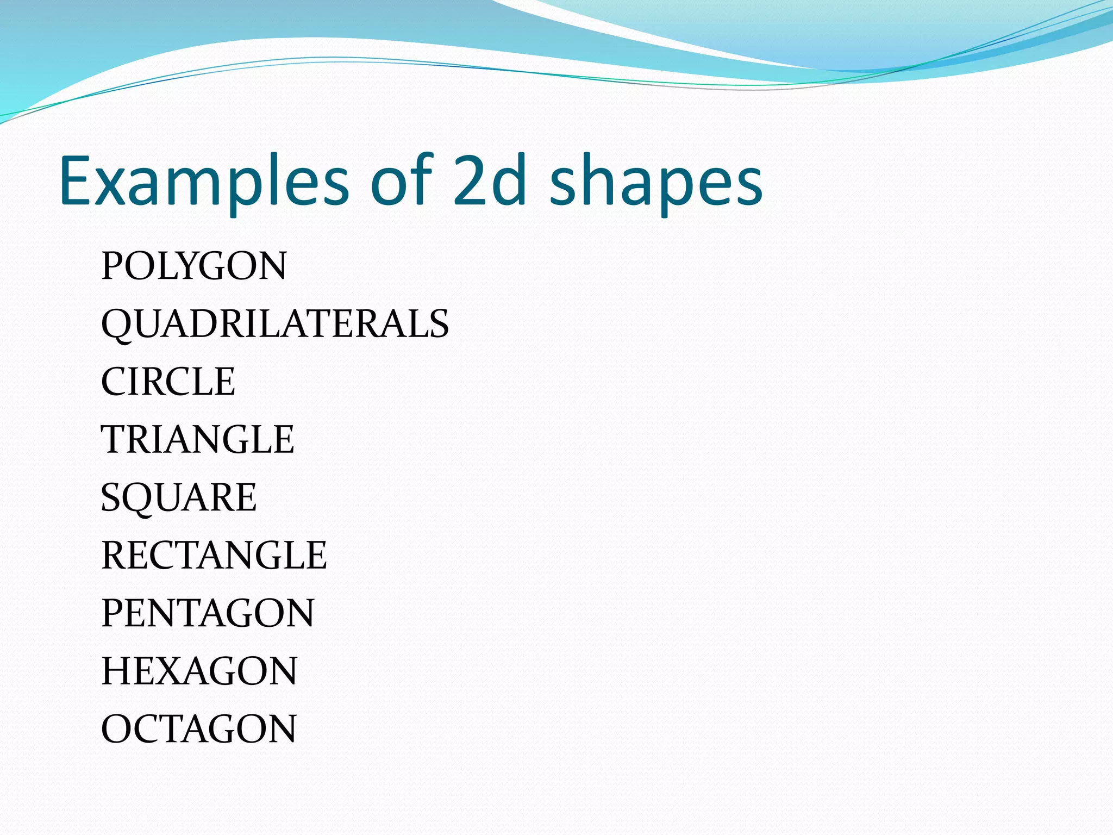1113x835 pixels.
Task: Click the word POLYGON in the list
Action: (x=194, y=266)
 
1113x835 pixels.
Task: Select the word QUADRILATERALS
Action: (x=275, y=324)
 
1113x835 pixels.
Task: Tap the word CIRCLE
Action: (x=168, y=382)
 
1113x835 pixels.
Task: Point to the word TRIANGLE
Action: (x=198, y=439)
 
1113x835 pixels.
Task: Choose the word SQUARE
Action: (x=179, y=497)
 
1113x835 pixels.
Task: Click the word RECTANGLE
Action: (x=214, y=555)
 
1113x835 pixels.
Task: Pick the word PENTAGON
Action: (x=208, y=613)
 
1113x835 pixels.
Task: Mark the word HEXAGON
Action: (x=199, y=671)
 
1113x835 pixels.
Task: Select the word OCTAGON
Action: (x=199, y=728)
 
